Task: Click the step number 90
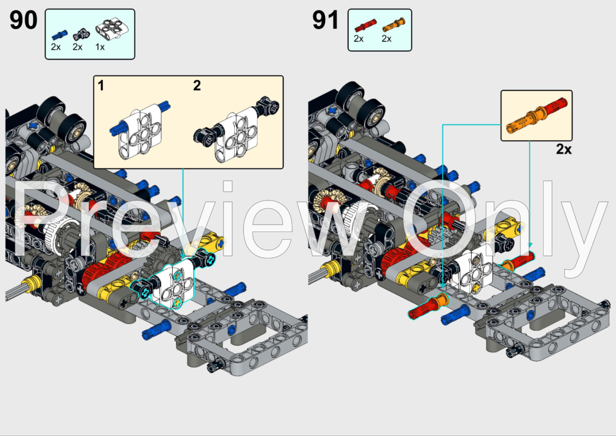(23, 21)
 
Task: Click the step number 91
(326, 21)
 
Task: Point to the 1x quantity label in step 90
(100, 47)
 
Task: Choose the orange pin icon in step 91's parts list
(393, 24)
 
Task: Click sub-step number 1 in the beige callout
(101, 86)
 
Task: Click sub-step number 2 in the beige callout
(197, 86)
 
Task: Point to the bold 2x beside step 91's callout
(564, 150)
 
